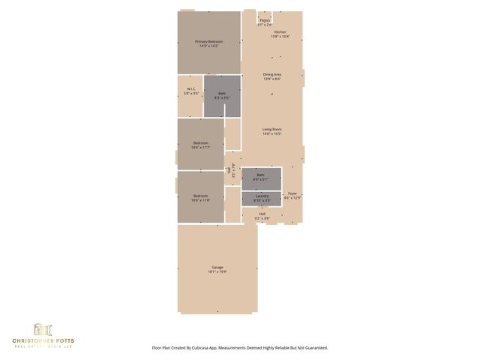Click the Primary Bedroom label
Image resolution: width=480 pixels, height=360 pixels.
(210, 41)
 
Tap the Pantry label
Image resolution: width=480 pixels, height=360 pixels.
(265, 20)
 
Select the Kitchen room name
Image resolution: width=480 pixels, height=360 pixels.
(280, 32)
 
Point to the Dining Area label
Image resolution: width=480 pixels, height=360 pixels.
(272, 74)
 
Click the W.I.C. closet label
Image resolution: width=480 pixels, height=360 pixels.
(190, 90)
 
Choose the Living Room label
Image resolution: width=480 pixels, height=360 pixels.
(271, 130)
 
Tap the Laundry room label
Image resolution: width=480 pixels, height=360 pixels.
(261, 196)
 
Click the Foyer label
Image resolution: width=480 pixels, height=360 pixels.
(292, 193)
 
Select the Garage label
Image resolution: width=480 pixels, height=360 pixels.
(217, 268)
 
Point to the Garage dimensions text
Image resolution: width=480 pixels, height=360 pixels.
(217, 272)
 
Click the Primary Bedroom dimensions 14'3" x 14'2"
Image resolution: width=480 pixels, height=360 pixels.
(210, 46)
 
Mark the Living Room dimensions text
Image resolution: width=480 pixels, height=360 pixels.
(271, 134)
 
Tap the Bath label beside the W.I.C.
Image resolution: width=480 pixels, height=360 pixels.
(222, 93)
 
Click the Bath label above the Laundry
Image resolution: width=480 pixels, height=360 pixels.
(261, 175)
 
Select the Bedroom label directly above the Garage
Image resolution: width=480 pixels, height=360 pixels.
(200, 196)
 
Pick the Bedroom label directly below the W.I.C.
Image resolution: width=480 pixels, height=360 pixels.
(200, 143)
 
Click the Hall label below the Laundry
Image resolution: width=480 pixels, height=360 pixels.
(262, 214)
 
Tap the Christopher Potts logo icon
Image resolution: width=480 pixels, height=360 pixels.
(43, 329)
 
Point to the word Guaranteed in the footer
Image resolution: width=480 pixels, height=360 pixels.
(314, 348)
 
